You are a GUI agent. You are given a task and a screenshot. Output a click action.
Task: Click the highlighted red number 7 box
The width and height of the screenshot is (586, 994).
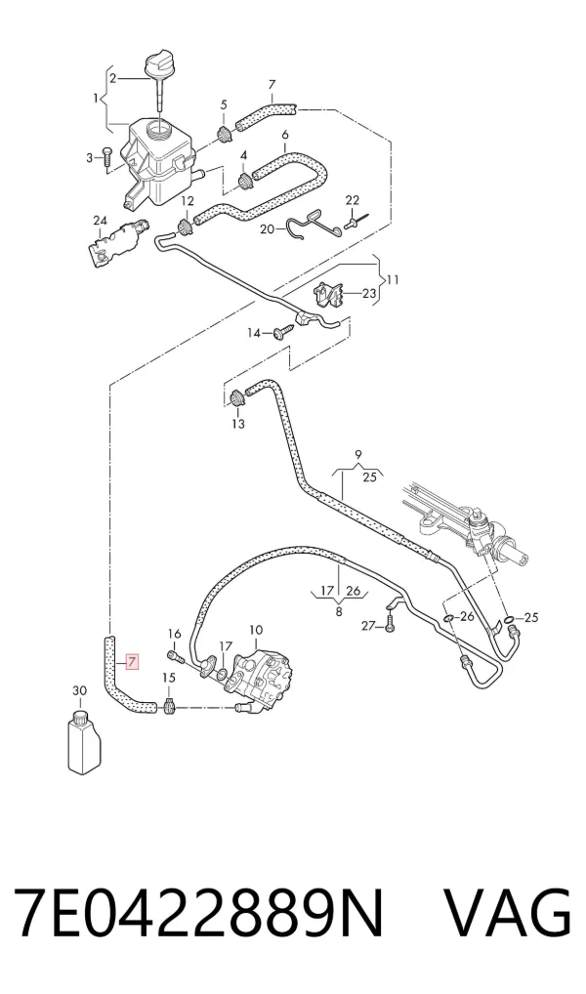(x=131, y=662)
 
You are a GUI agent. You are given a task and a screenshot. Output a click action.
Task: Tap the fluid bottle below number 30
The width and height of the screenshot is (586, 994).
(x=84, y=742)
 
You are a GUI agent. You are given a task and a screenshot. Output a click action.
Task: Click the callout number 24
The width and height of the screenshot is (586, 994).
(x=100, y=221)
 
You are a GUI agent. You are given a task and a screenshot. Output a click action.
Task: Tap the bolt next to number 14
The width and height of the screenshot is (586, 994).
(x=284, y=331)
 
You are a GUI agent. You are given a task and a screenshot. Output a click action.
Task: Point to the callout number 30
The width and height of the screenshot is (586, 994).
(x=79, y=691)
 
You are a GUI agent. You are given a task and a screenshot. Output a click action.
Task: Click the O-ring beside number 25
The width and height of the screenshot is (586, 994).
(x=509, y=618)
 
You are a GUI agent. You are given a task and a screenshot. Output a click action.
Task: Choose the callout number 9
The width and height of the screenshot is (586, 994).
(x=358, y=455)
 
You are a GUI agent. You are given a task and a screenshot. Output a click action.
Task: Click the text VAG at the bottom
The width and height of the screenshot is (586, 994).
(x=507, y=911)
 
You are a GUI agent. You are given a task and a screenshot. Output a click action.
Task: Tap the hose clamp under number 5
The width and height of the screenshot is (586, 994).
(x=225, y=134)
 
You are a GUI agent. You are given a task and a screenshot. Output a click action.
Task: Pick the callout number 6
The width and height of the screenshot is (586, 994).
(x=285, y=135)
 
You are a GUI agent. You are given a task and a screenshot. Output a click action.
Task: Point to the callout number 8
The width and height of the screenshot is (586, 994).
(x=339, y=612)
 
